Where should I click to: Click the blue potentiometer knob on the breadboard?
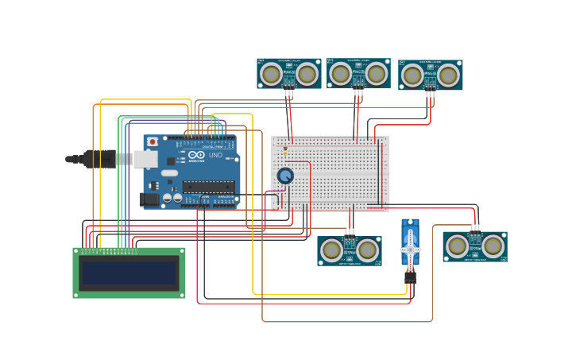coord(285,176)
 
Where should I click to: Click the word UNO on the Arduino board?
coord(216,155)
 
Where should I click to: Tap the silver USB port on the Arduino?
coord(145,159)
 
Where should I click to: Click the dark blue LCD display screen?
coord(129,273)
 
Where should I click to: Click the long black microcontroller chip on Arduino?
coord(207,187)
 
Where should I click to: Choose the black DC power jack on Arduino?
coord(149,199)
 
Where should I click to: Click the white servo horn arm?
coord(410,247)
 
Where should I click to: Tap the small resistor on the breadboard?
coord(285,151)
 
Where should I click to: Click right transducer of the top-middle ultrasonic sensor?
coord(377,74)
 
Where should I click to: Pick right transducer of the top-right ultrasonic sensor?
coord(448,75)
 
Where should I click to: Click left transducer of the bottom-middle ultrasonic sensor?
coord(331,250)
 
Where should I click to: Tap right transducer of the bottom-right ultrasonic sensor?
coord(493,246)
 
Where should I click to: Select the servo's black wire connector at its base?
coord(410,277)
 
